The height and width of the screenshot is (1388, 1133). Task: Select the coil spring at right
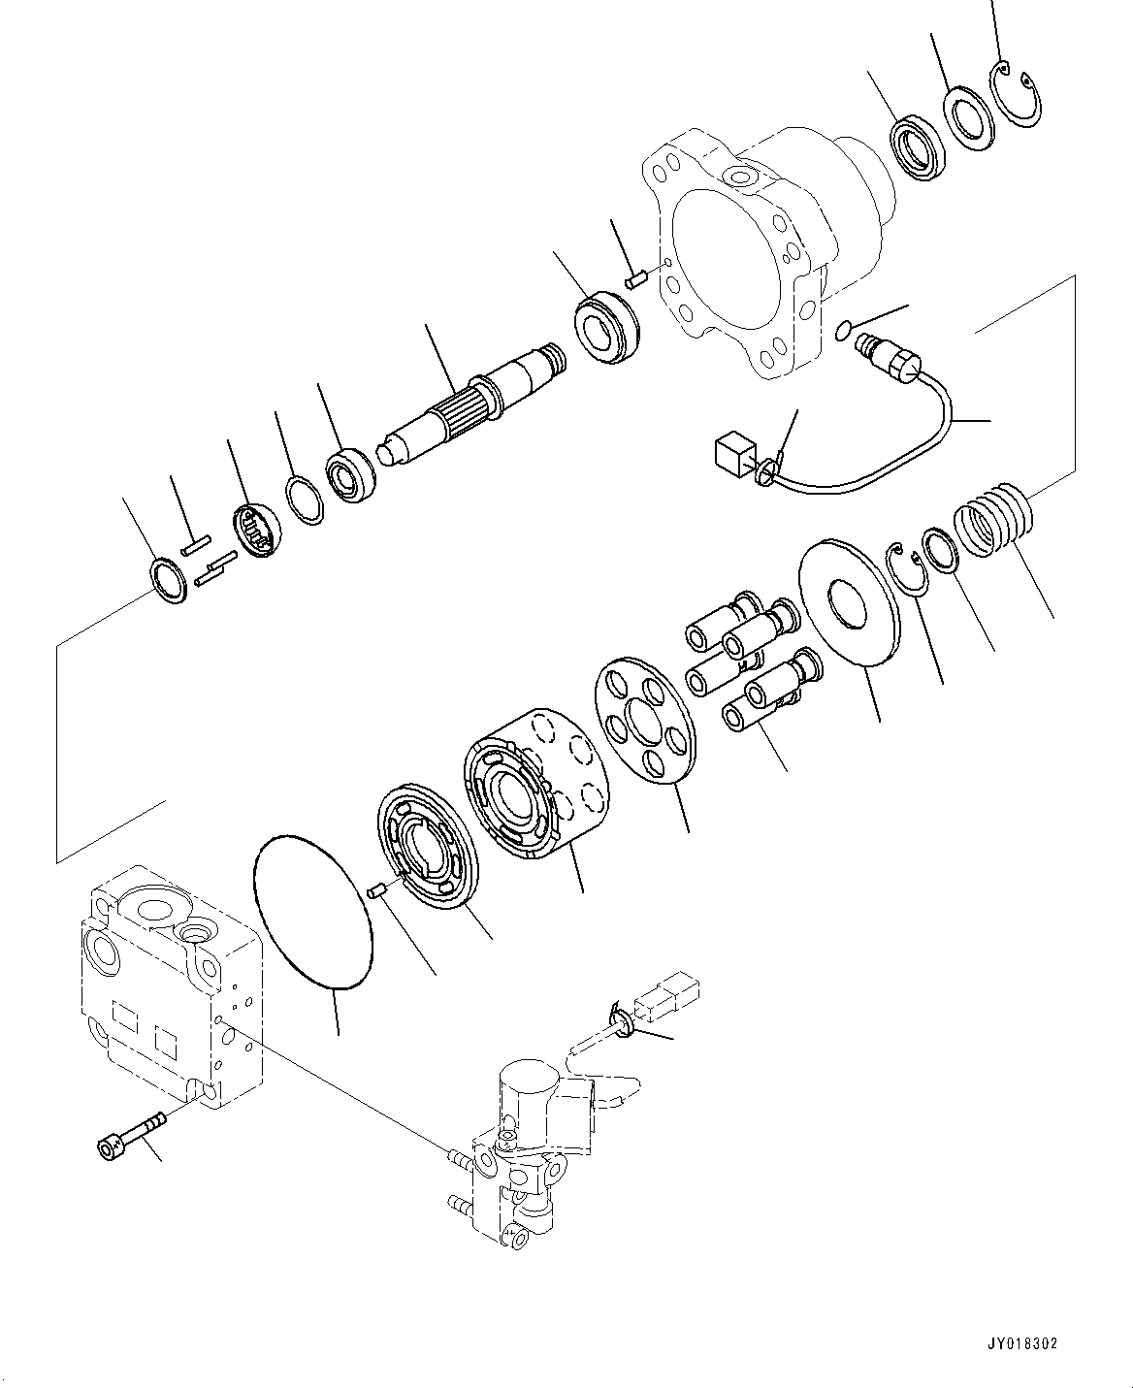[x=991, y=518]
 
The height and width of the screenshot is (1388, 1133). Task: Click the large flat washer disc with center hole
[x=849, y=602]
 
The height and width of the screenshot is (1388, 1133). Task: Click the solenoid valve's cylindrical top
[x=530, y=1082]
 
